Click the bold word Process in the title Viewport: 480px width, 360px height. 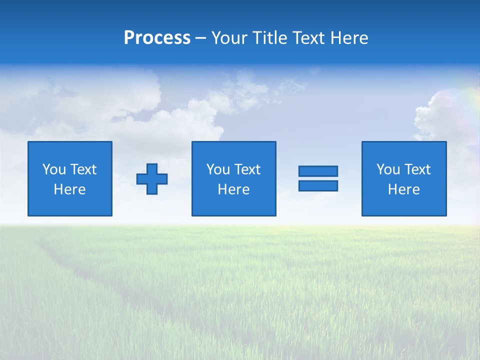[157, 38]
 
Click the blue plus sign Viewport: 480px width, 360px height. [152, 178]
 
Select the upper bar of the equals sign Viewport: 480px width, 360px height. [318, 171]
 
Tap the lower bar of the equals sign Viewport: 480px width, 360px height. [318, 185]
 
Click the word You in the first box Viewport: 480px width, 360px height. [53, 169]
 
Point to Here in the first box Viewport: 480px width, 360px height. [69, 189]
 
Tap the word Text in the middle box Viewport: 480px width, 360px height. [247, 169]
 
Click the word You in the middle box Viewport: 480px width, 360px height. [217, 169]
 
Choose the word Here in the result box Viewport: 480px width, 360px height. [403, 189]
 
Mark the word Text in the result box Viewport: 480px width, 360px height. [417, 169]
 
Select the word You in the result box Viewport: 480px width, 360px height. [387, 169]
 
